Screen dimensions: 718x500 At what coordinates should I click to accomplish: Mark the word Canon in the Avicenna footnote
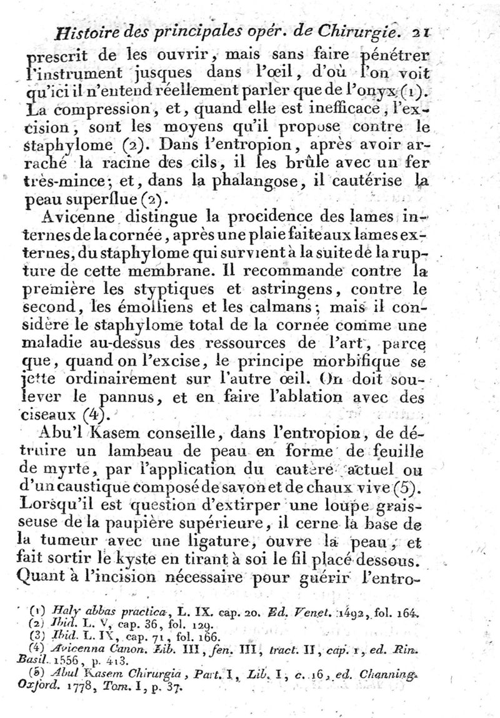(129, 649)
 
